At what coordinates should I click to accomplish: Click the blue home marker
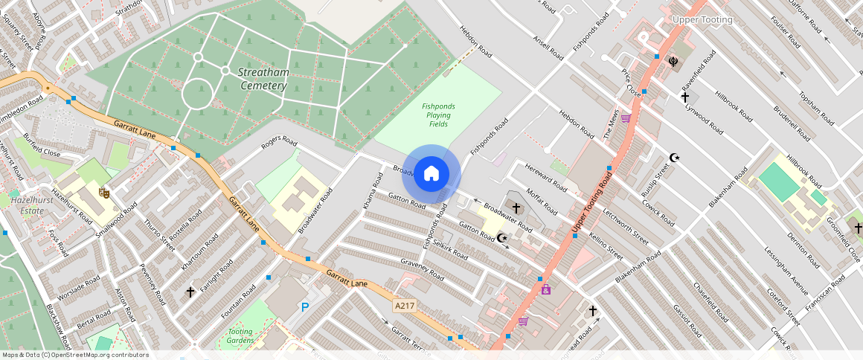(x=431, y=174)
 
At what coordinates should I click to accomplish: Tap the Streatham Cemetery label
(x=263, y=79)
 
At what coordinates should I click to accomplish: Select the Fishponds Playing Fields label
(x=438, y=115)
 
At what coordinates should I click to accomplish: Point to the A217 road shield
(x=403, y=306)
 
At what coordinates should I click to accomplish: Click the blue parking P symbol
(x=304, y=306)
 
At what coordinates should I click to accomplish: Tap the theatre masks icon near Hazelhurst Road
(x=105, y=193)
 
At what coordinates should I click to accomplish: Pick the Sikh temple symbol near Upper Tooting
(x=674, y=62)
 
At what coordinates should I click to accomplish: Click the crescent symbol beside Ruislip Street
(x=675, y=158)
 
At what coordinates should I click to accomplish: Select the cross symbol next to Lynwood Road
(x=685, y=97)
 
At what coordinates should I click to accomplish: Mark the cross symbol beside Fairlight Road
(x=190, y=292)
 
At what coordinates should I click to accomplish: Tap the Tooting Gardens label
(x=240, y=335)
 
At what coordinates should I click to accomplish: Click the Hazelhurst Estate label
(x=28, y=205)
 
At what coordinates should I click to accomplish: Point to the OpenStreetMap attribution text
(x=74, y=355)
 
